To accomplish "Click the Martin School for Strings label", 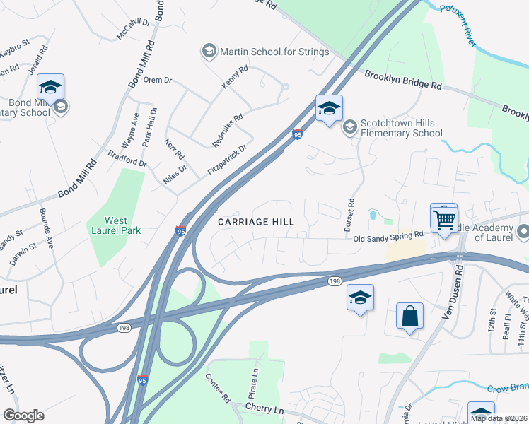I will coord(274,52).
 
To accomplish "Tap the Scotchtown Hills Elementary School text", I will coord(401,128).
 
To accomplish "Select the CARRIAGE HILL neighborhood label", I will coord(255,222).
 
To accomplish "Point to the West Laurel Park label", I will coord(113,225).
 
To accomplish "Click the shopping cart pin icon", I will coord(444,219).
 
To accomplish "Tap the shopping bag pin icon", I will coord(410,317).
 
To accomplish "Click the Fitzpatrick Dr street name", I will coord(226,160).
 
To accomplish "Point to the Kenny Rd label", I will coord(235,77).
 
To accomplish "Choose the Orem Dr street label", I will coord(158,80).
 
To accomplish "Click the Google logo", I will coord(23,416).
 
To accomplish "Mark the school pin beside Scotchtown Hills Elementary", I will coord(329,109).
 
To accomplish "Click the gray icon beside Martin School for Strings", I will coord(209,51).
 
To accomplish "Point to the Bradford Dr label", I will coord(127,158).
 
